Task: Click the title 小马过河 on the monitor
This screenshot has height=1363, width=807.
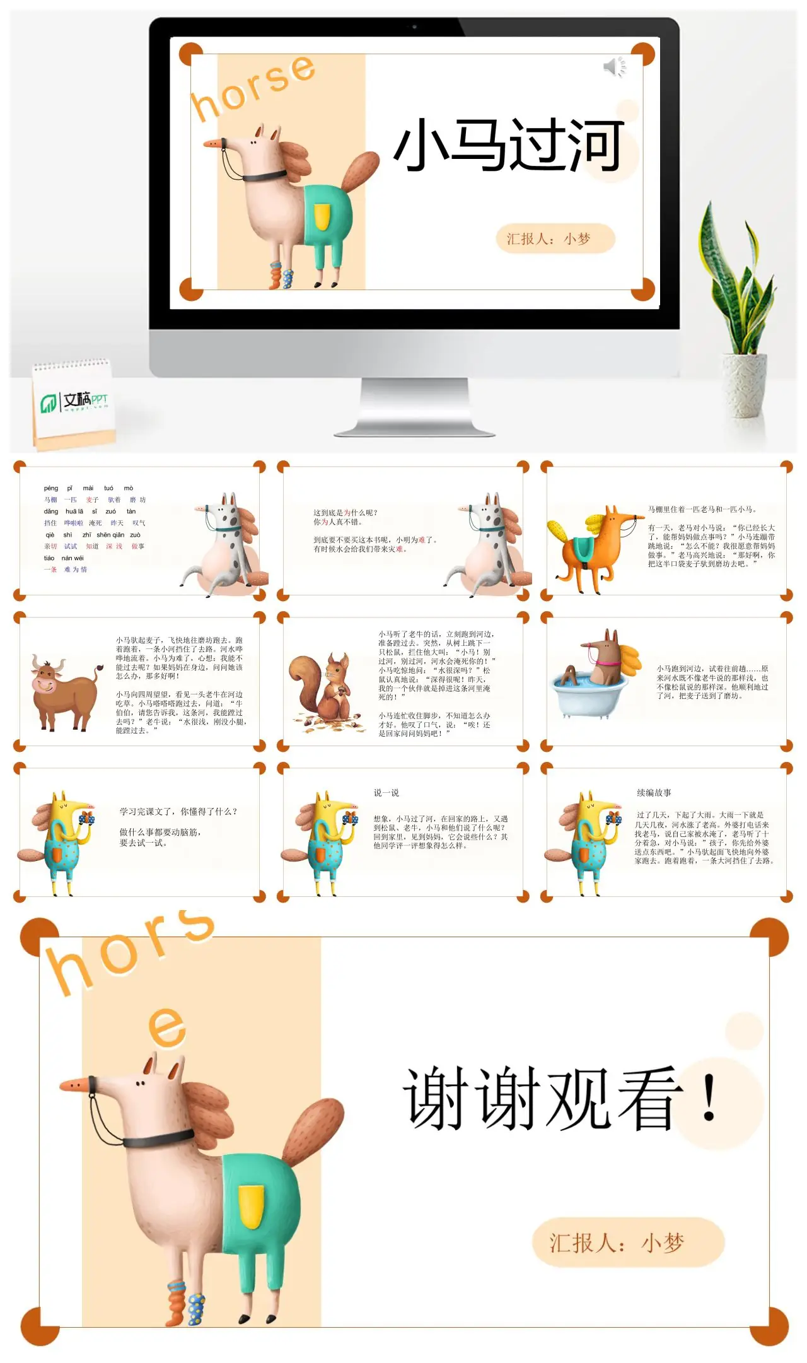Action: (x=508, y=146)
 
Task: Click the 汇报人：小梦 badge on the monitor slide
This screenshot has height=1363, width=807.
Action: (x=555, y=239)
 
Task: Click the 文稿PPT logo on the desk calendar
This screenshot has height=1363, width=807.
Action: (x=74, y=401)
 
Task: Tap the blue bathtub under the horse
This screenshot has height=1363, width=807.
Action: (x=588, y=694)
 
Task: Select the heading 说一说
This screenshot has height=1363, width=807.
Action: (x=386, y=793)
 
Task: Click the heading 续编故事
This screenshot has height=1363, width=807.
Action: (x=654, y=793)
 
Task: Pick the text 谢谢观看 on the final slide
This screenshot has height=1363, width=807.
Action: (x=542, y=1098)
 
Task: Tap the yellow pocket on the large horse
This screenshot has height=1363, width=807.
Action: (x=250, y=1205)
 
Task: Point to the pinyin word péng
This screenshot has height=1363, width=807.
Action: (x=51, y=488)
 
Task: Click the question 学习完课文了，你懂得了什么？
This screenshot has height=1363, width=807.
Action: (x=178, y=812)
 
